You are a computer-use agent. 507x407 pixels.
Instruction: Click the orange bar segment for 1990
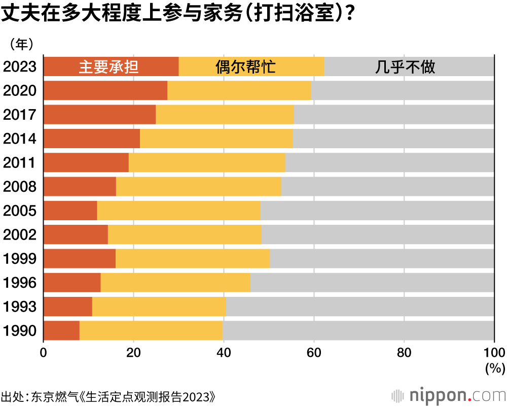point(61,331)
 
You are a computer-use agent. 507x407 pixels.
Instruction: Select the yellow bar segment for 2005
point(178,211)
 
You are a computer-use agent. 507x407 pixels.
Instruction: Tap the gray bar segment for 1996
point(372,283)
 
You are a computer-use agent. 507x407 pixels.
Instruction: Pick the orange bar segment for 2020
point(105,90)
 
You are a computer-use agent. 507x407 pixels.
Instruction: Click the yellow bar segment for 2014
point(216,139)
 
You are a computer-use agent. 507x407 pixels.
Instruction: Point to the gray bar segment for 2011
point(389,162)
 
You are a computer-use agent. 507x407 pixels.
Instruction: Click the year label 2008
point(20,187)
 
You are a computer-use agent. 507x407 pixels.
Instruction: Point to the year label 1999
point(20,259)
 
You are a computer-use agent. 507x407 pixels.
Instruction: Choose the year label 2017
point(20,115)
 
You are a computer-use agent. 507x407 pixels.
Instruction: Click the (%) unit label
point(494,367)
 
